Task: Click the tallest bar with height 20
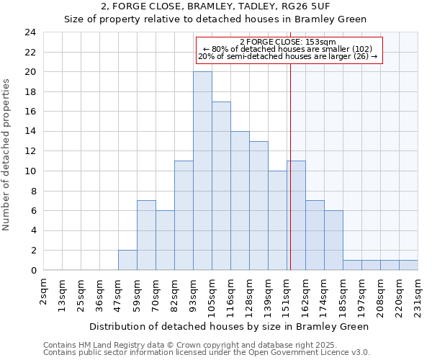coord(202,171)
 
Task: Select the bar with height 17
coord(221,186)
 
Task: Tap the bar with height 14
coord(240,201)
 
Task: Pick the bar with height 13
coord(258,206)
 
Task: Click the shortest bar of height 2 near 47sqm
coord(127,260)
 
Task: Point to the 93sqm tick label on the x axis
coord(194,293)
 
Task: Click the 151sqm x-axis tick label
coord(287,293)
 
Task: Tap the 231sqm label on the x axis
coord(418,293)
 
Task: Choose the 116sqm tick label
coord(231,293)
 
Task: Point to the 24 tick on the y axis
coord(30,32)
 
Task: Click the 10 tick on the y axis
coord(30,171)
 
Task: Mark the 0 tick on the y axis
coord(32,271)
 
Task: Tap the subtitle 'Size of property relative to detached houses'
coord(216,19)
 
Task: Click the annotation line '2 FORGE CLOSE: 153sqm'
coord(288,42)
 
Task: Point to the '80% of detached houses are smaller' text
coord(288,49)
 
